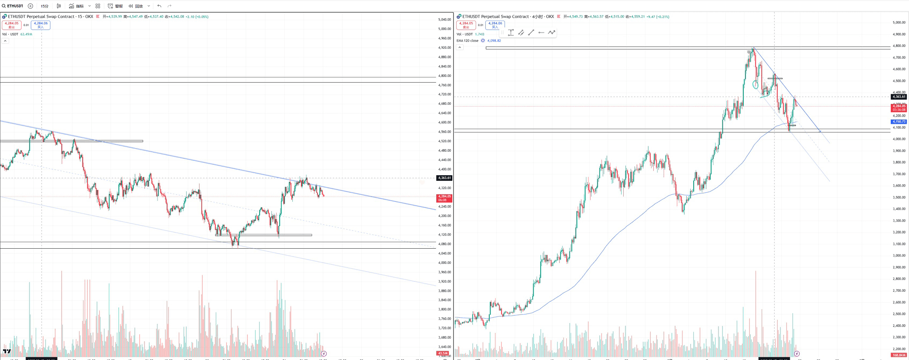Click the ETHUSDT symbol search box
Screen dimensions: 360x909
[x=13, y=6]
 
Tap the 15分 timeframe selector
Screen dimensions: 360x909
[x=44, y=6]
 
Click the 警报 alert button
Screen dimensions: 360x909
[x=115, y=6]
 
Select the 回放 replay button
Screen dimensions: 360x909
[x=136, y=6]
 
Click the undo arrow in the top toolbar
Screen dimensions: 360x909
[x=159, y=6]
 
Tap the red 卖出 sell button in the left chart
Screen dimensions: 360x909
[x=11, y=25]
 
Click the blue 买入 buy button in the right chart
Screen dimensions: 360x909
[x=495, y=25]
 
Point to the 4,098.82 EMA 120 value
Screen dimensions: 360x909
[x=494, y=41]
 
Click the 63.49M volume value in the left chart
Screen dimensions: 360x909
[x=26, y=34]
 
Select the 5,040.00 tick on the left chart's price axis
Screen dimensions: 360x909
[x=444, y=20]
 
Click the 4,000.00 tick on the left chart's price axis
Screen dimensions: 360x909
[x=444, y=263]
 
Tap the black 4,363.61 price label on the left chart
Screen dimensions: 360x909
[x=444, y=178]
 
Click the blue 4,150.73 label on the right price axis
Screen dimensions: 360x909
[x=899, y=122]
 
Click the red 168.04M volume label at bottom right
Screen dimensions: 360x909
[x=899, y=355]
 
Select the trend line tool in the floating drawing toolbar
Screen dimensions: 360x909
[x=531, y=33]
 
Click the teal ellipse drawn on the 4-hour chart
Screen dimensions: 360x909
[x=755, y=84]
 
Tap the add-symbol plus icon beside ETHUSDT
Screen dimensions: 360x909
[x=30, y=6]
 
